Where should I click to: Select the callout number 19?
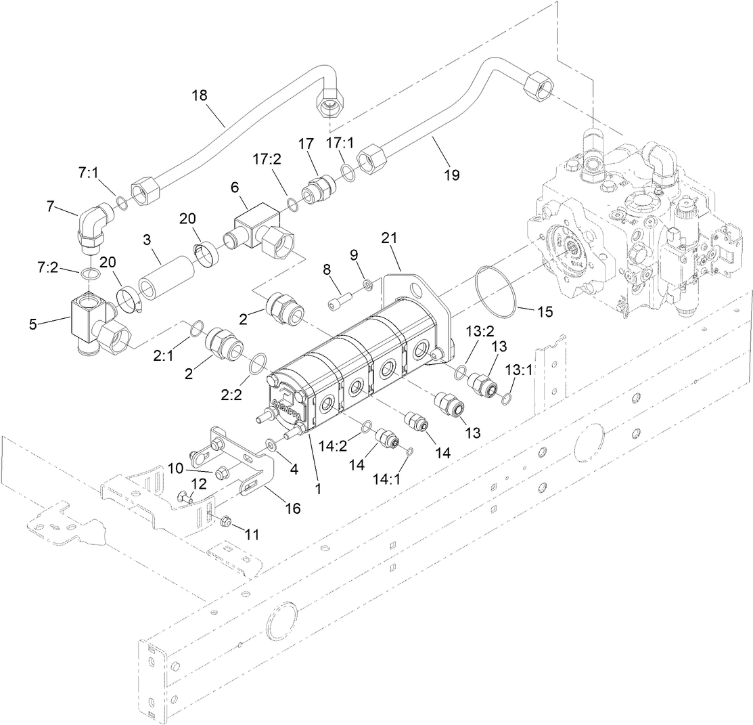451,175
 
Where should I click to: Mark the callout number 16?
292,507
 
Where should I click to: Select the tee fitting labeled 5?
89,324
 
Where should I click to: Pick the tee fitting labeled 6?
258,229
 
